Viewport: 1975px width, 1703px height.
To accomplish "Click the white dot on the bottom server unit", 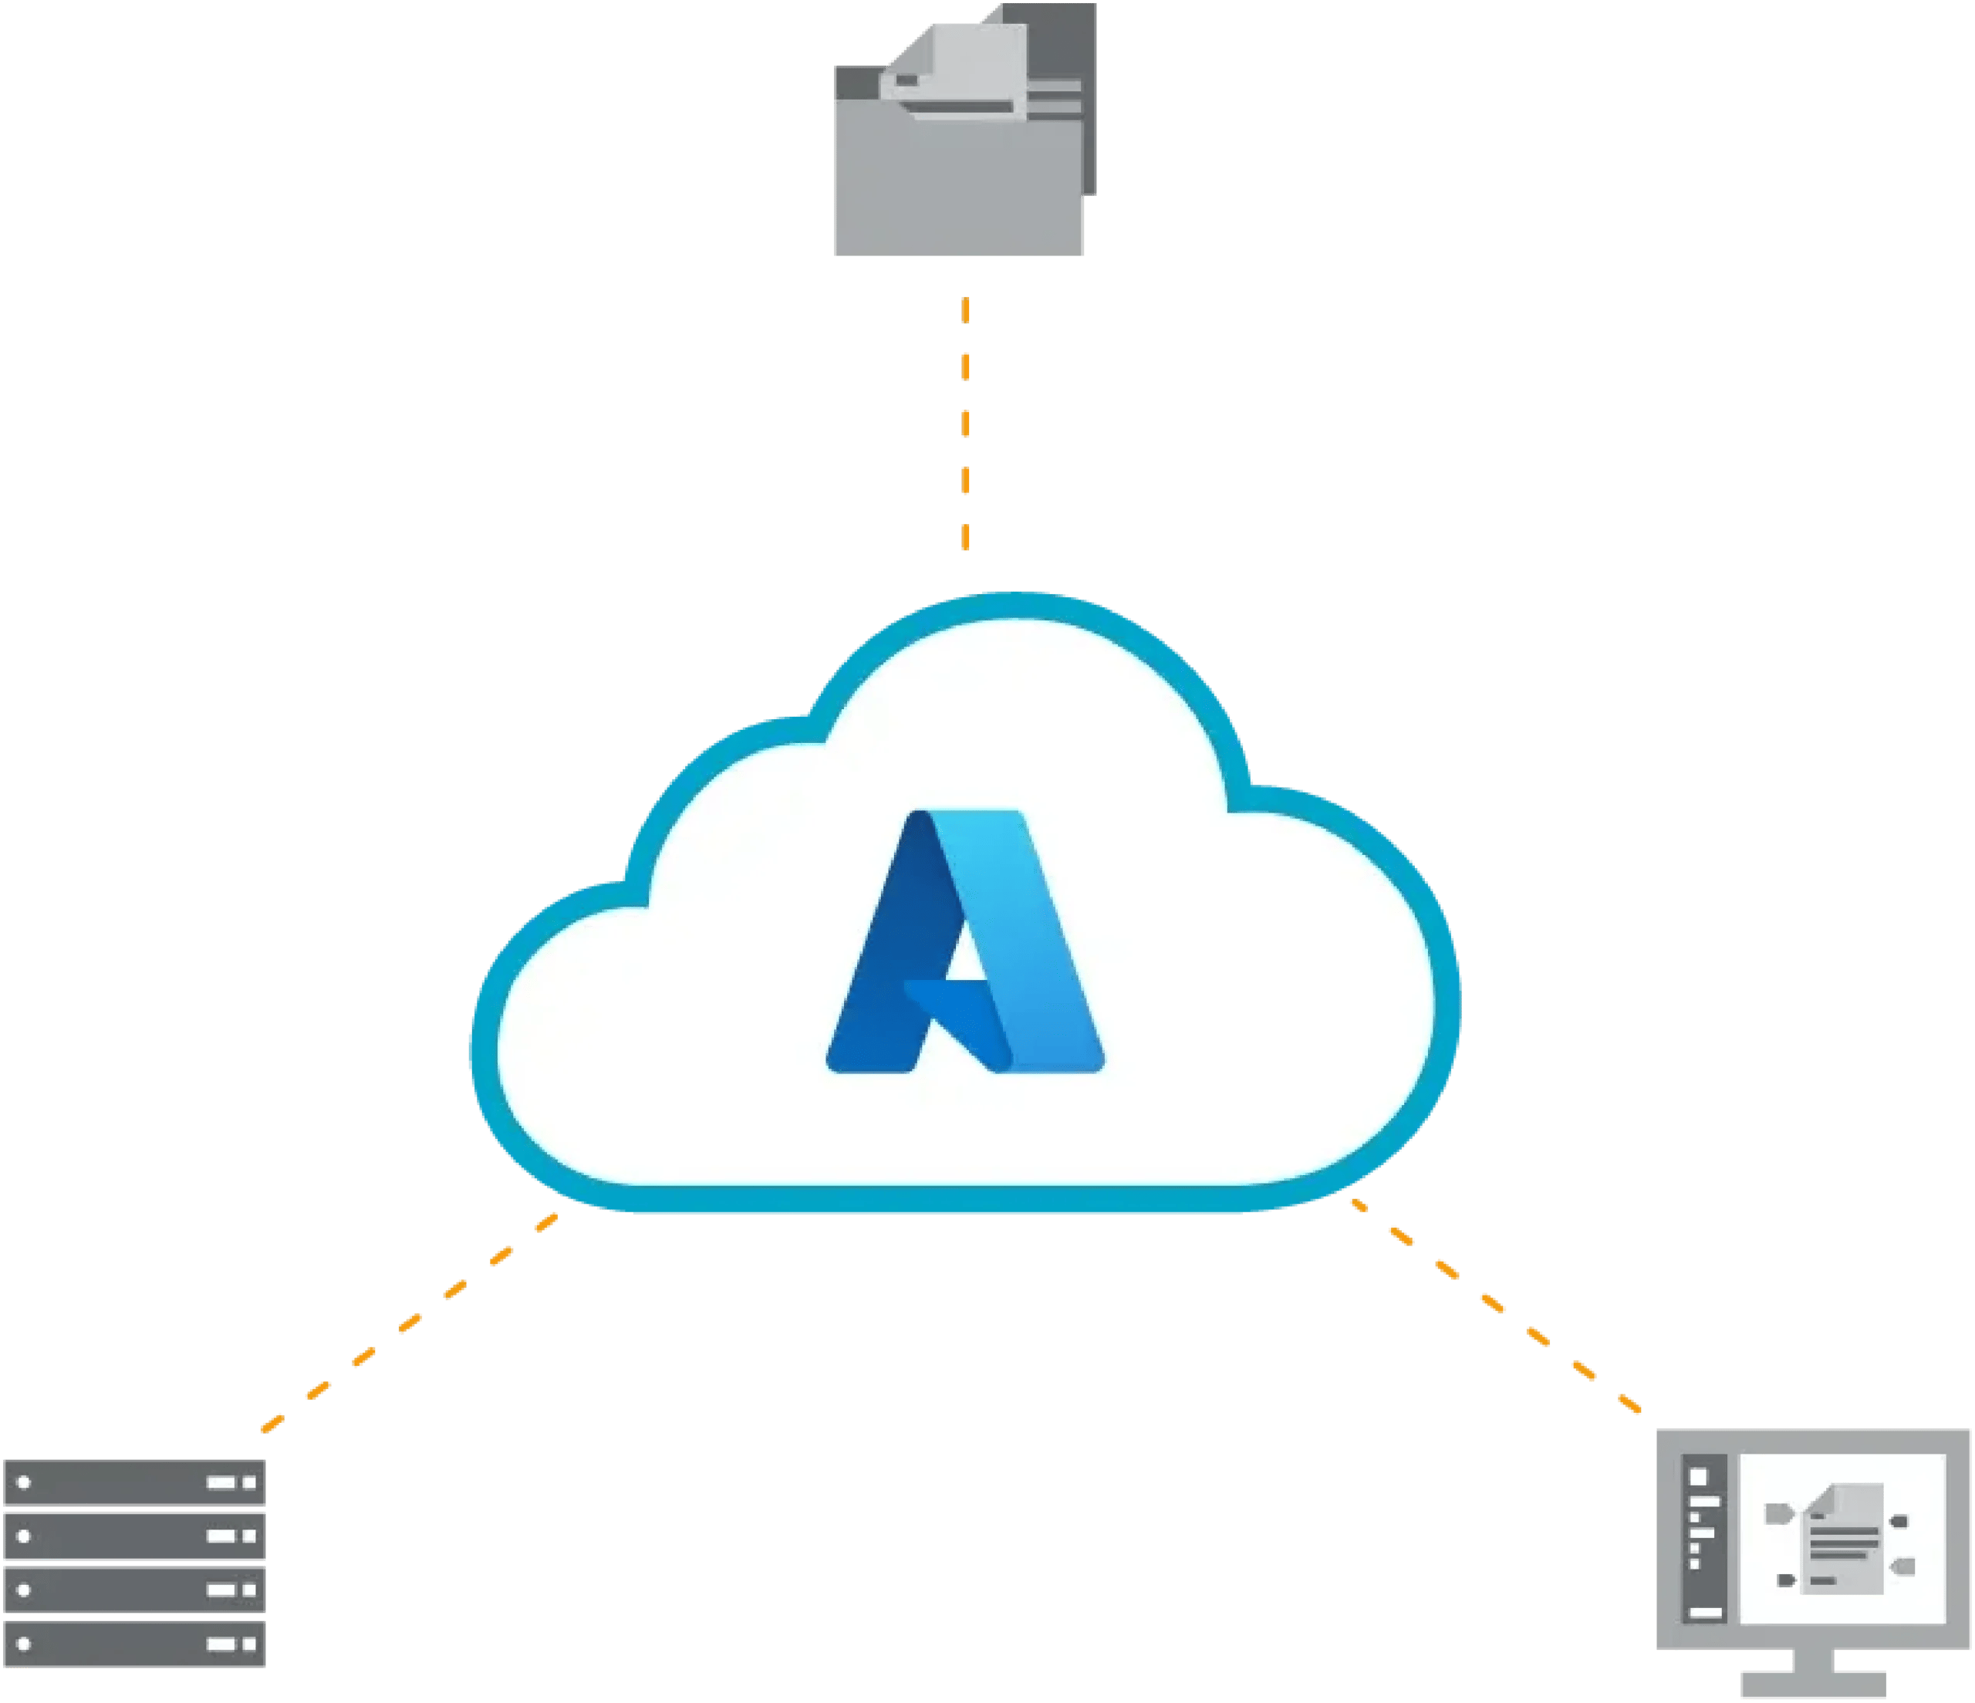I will [25, 1644].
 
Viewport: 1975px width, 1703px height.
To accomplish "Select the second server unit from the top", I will [133, 1536].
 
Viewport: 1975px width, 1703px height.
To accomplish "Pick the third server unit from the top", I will [133, 1590].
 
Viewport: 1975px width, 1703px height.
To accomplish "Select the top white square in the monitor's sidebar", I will [1699, 1477].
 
